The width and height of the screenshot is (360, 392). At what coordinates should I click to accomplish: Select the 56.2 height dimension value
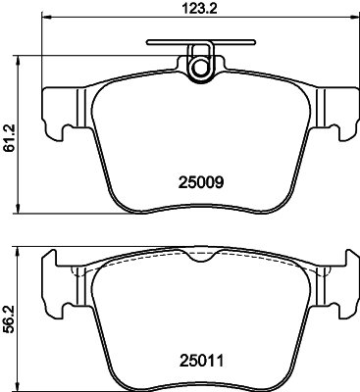[x=10, y=320]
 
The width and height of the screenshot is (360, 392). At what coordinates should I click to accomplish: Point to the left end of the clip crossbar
[x=148, y=42]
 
